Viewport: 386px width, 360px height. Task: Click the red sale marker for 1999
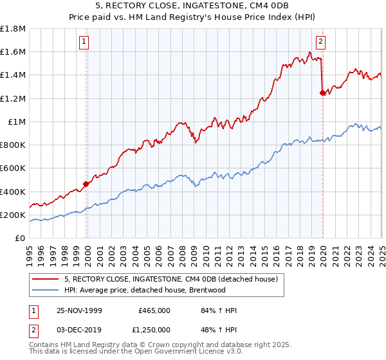tap(86, 184)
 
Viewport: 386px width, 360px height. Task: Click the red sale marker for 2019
tap(322, 93)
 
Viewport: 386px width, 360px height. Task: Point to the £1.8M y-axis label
tap(13, 29)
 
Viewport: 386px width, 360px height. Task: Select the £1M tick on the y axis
tap(17, 122)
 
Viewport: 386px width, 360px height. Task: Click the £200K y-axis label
tap(13, 215)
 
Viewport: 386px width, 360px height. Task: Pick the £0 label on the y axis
tap(21, 238)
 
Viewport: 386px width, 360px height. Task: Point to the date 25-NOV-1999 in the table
tap(79, 310)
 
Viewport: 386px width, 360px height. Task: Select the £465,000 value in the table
tap(154, 310)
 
